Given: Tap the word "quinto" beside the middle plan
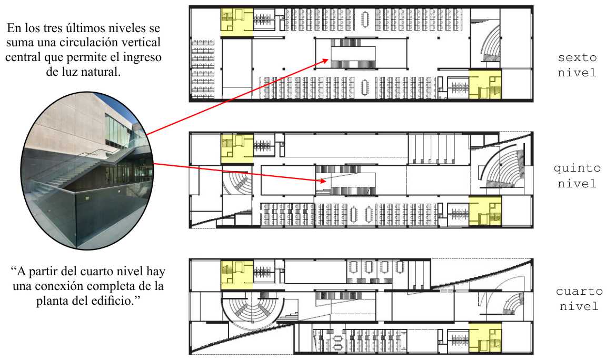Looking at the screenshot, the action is (x=577, y=169).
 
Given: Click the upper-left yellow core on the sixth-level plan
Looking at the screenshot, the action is (x=236, y=22).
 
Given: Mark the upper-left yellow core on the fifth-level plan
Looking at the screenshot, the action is (x=236, y=147).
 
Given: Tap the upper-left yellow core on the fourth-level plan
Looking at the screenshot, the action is (x=236, y=274).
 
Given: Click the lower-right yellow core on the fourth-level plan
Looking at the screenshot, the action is (x=485, y=339).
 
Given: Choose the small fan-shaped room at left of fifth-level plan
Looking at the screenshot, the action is (x=239, y=182).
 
